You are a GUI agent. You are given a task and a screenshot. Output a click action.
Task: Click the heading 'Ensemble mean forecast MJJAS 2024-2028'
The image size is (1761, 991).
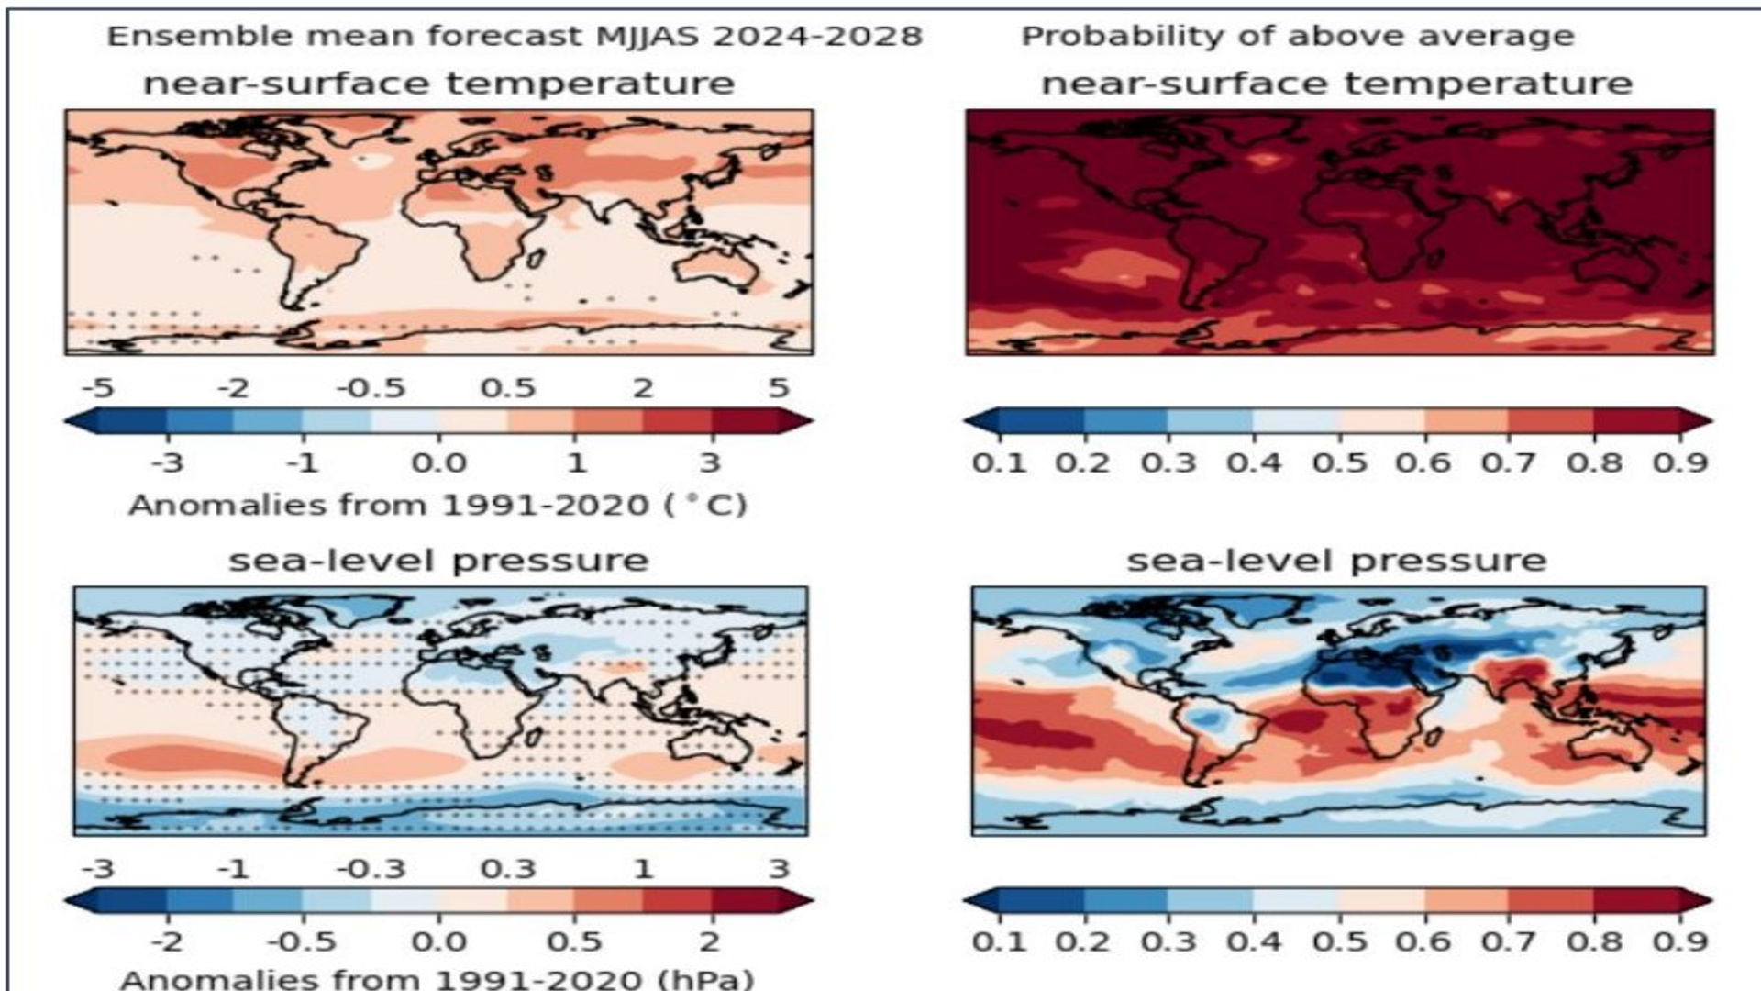[514, 36]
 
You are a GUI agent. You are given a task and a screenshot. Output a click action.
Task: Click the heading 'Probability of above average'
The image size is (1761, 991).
[1297, 36]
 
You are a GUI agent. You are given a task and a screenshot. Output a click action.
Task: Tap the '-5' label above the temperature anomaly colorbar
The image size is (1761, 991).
[97, 388]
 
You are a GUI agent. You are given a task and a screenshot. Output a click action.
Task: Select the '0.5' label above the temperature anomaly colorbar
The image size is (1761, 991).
[507, 388]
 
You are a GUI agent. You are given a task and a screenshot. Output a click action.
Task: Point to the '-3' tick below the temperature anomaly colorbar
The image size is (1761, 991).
[167, 462]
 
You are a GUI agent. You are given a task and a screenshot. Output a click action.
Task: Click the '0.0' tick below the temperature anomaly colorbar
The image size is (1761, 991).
[438, 462]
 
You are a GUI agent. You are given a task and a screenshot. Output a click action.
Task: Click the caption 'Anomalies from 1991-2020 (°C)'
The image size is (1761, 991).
[437, 505]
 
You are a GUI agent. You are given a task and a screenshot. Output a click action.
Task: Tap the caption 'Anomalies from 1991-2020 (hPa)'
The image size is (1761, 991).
[437, 978]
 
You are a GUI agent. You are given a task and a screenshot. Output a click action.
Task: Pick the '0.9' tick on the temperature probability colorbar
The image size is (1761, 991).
[1679, 462]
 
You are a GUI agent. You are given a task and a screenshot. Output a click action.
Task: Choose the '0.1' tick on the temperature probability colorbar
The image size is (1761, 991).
[999, 462]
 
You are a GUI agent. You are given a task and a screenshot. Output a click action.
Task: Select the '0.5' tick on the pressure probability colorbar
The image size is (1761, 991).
[1339, 942]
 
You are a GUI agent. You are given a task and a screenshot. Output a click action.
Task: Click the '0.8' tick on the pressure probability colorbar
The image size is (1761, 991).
[1594, 942]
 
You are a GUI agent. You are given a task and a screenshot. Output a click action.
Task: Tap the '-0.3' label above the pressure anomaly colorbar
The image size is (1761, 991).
[371, 869]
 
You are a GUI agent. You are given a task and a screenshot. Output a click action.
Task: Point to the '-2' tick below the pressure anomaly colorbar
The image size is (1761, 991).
[167, 942]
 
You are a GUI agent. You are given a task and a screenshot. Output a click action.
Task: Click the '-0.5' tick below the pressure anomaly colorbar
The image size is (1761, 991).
[302, 942]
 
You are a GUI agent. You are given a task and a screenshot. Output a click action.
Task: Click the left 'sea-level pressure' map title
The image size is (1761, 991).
[438, 561]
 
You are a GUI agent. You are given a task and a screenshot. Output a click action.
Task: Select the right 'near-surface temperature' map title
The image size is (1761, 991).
[1336, 84]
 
